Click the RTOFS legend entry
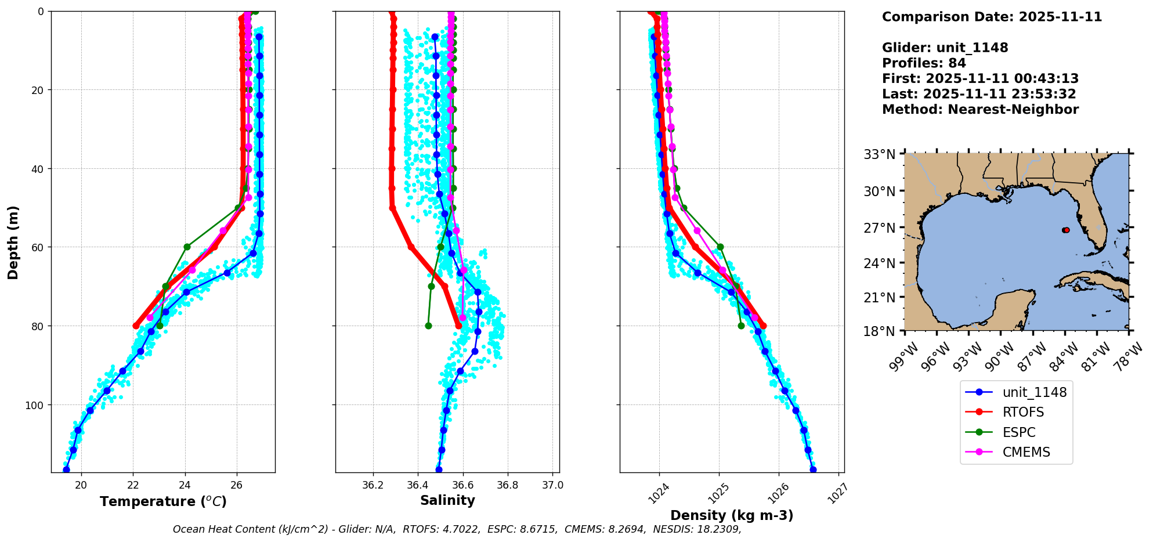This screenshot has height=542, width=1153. [1022, 412]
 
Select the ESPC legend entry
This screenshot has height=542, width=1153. [1018, 432]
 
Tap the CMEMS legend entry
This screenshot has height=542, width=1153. [1026, 452]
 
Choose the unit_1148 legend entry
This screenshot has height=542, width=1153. [1034, 392]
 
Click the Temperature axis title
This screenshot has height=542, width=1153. [163, 501]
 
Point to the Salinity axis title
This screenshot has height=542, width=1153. [447, 500]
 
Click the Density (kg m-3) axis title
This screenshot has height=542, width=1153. [732, 515]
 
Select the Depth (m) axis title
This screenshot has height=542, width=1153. [13, 242]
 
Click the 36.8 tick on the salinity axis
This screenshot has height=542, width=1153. [507, 485]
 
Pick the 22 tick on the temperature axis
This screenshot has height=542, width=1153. [133, 485]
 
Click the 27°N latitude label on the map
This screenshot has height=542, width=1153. [880, 228]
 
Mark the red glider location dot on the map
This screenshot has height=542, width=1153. [1066, 230]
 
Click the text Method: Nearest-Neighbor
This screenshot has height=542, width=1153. [980, 110]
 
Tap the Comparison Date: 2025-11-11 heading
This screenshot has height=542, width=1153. [992, 17]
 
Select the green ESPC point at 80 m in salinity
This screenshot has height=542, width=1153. [428, 326]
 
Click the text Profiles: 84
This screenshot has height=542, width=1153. [924, 63]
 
